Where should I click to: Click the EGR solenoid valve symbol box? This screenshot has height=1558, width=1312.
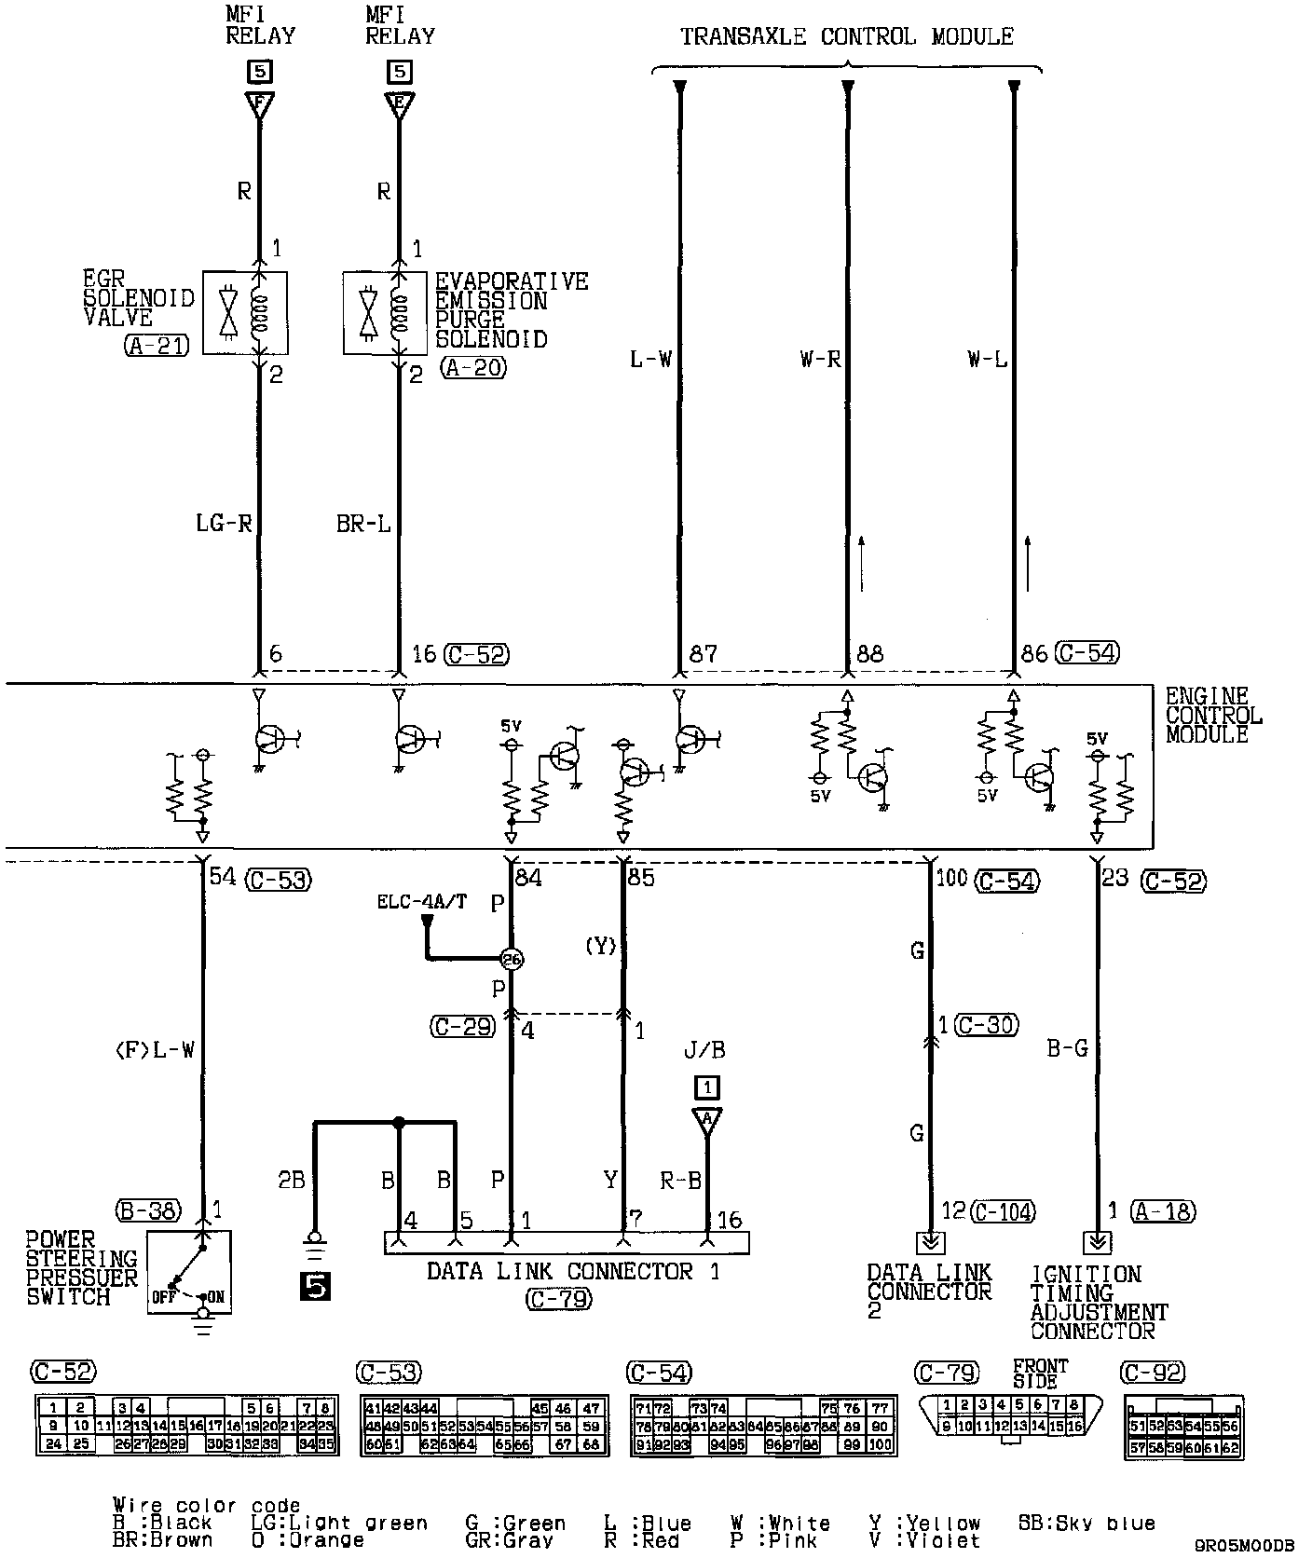[244, 313]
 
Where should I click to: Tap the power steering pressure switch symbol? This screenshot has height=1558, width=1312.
[188, 1272]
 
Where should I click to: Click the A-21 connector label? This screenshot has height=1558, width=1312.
[156, 346]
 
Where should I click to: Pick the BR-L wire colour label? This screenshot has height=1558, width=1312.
[363, 524]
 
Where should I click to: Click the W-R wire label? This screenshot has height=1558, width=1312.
[820, 360]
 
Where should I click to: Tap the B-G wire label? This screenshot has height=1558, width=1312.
[1067, 1049]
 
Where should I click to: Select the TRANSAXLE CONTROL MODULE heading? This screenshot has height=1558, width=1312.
[846, 37]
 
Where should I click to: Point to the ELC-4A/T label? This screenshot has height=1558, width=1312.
[422, 902]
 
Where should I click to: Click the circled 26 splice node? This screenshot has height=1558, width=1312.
[511, 958]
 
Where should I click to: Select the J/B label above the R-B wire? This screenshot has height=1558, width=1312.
[704, 1051]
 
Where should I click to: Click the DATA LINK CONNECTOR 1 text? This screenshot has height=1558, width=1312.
[573, 1272]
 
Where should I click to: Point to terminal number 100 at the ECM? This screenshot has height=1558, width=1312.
[951, 878]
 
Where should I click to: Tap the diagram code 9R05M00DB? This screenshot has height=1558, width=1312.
[1244, 1545]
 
